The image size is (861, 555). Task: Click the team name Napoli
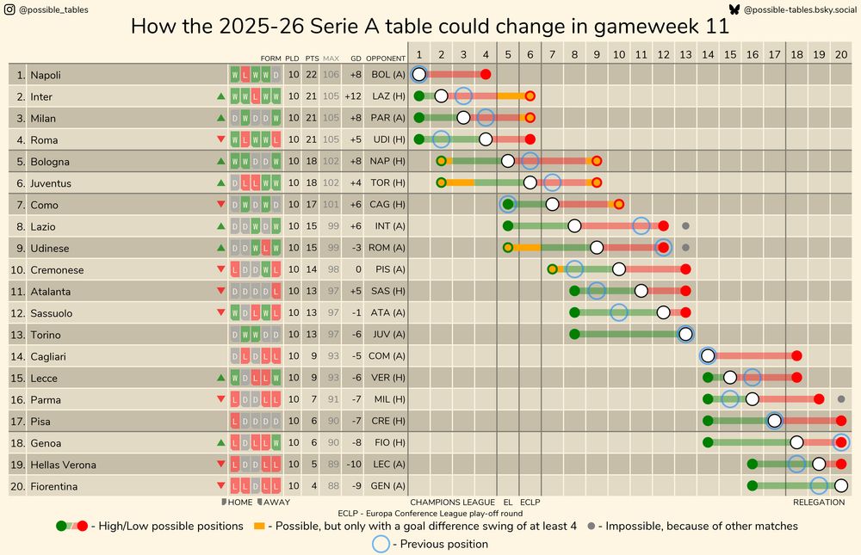[x=46, y=76]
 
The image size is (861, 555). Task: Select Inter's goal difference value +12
[x=352, y=97]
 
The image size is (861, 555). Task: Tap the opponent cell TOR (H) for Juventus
[x=386, y=183]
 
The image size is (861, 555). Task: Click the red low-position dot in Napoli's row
[x=486, y=75]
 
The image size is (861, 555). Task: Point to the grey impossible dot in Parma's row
[x=841, y=399]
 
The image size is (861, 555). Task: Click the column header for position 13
[x=685, y=53]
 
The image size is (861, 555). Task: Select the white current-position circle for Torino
[x=685, y=334]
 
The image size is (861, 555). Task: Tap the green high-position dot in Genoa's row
[x=708, y=442]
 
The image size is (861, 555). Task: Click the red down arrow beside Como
[x=221, y=205]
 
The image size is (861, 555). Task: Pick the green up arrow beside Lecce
[x=221, y=378]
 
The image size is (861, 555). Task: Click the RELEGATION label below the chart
[x=818, y=503]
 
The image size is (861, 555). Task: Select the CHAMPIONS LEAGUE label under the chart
[x=452, y=503]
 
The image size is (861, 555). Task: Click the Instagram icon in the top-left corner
[x=10, y=10]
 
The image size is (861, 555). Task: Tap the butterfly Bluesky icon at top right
[x=734, y=9]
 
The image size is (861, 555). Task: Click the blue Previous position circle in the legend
[x=380, y=544]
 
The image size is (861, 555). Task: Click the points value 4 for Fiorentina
[x=312, y=486]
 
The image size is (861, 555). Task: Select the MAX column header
[x=331, y=59]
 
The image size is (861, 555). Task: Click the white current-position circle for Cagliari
[x=708, y=355]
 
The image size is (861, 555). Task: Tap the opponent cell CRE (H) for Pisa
[x=386, y=421]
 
